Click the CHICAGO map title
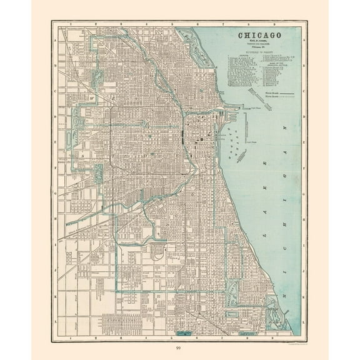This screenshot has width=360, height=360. point(257,35)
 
